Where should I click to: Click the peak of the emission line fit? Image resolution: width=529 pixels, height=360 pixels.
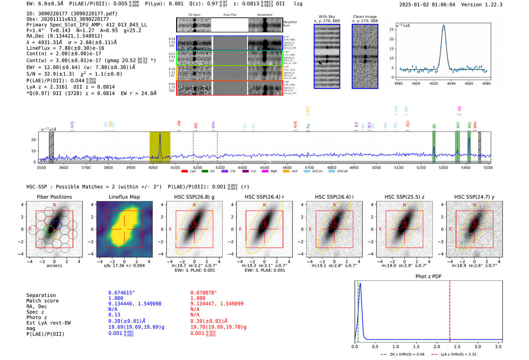(444, 26)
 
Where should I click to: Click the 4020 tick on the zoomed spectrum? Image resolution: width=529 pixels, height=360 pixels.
(434, 83)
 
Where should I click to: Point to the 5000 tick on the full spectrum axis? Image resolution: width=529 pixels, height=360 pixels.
(376, 168)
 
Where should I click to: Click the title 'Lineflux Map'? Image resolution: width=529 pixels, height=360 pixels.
(124, 197)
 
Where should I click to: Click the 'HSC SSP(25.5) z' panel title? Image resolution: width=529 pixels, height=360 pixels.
(404, 197)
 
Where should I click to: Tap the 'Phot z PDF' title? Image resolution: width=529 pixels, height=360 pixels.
(428, 277)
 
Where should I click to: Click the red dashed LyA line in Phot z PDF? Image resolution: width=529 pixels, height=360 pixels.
(450, 310)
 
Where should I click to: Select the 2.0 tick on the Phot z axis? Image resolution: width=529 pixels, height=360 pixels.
(437, 346)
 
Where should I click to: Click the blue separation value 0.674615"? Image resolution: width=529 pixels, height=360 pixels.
(121, 293)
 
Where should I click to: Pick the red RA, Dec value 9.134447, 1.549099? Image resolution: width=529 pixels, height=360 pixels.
(217, 304)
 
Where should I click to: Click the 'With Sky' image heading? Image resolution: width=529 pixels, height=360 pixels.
(326, 17)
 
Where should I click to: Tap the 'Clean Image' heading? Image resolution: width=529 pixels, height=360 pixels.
(365, 17)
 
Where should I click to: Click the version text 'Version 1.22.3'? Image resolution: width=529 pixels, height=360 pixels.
(482, 5)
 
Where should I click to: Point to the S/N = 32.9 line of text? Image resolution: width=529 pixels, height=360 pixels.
(74, 74)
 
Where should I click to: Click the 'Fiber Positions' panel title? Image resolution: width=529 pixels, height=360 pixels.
(54, 197)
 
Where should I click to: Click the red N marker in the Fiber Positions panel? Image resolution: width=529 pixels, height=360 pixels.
(54, 205)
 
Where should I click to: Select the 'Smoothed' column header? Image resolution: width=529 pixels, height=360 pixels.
(264, 15)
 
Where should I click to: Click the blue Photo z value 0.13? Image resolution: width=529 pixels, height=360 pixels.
(114, 315)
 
